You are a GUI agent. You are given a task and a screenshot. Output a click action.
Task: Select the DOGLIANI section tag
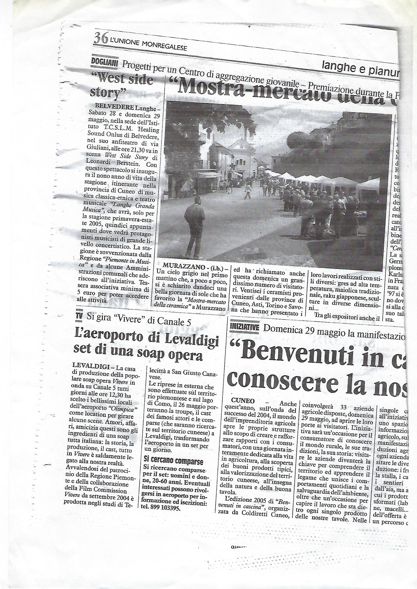click(x=104, y=61)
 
